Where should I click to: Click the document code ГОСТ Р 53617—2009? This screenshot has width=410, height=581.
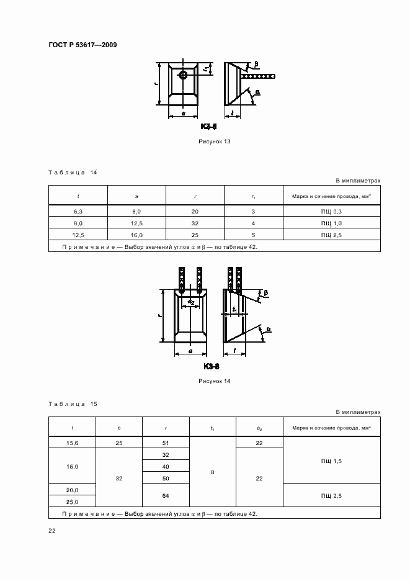pyautogui.click(x=82, y=45)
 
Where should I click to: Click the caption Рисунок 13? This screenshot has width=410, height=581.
pyautogui.click(x=214, y=142)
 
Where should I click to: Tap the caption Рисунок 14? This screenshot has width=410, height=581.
pyautogui.click(x=214, y=381)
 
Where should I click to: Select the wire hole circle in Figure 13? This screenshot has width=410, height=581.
pyautogui.click(x=184, y=75)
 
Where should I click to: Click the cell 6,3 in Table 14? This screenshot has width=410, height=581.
pyautogui.click(x=78, y=212)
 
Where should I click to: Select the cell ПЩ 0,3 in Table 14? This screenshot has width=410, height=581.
pyautogui.click(x=331, y=212)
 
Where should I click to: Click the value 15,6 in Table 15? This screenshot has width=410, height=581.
pyautogui.click(x=72, y=443)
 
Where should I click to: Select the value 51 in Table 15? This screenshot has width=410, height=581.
pyautogui.click(x=166, y=443)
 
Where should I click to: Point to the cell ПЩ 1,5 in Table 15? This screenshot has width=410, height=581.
pyautogui.click(x=331, y=461)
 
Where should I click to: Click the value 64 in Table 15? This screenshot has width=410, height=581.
pyautogui.click(x=166, y=496)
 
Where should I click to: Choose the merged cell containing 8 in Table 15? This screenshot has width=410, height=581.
pyautogui.click(x=213, y=472)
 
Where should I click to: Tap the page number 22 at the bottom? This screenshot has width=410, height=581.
pyautogui.click(x=52, y=530)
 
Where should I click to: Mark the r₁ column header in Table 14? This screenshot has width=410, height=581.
pyautogui.click(x=254, y=196)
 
